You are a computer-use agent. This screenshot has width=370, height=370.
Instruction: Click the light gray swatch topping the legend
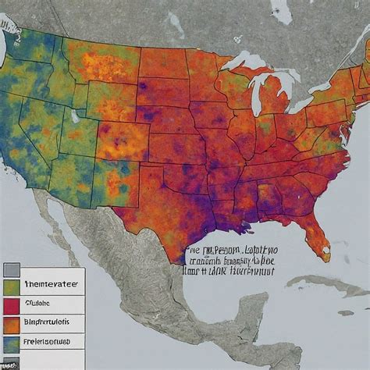(11, 271)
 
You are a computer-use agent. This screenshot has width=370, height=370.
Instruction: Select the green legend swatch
(11, 288)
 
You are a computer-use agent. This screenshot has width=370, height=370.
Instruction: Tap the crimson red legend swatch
(11, 305)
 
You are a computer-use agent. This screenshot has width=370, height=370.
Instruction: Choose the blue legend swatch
(11, 343)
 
